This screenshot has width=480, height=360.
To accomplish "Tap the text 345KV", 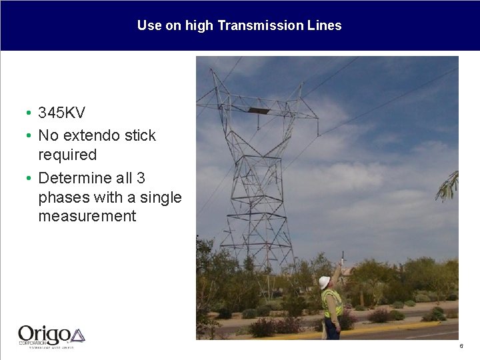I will pyautogui.click(x=61, y=113).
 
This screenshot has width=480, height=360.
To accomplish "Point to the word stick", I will pyautogui.click(x=140, y=135).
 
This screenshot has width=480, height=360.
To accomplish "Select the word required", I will pyautogui.click(x=67, y=155).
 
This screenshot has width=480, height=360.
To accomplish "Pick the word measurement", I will pyautogui.click(x=87, y=216).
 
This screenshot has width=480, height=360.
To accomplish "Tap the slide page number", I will pyautogui.click(x=461, y=346).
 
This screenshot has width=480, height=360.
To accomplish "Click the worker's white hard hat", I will pyautogui.click(x=325, y=282).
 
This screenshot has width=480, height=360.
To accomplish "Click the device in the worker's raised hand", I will pyautogui.click(x=342, y=259).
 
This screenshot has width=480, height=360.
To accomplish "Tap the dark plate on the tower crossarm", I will pyautogui.click(x=259, y=110).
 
